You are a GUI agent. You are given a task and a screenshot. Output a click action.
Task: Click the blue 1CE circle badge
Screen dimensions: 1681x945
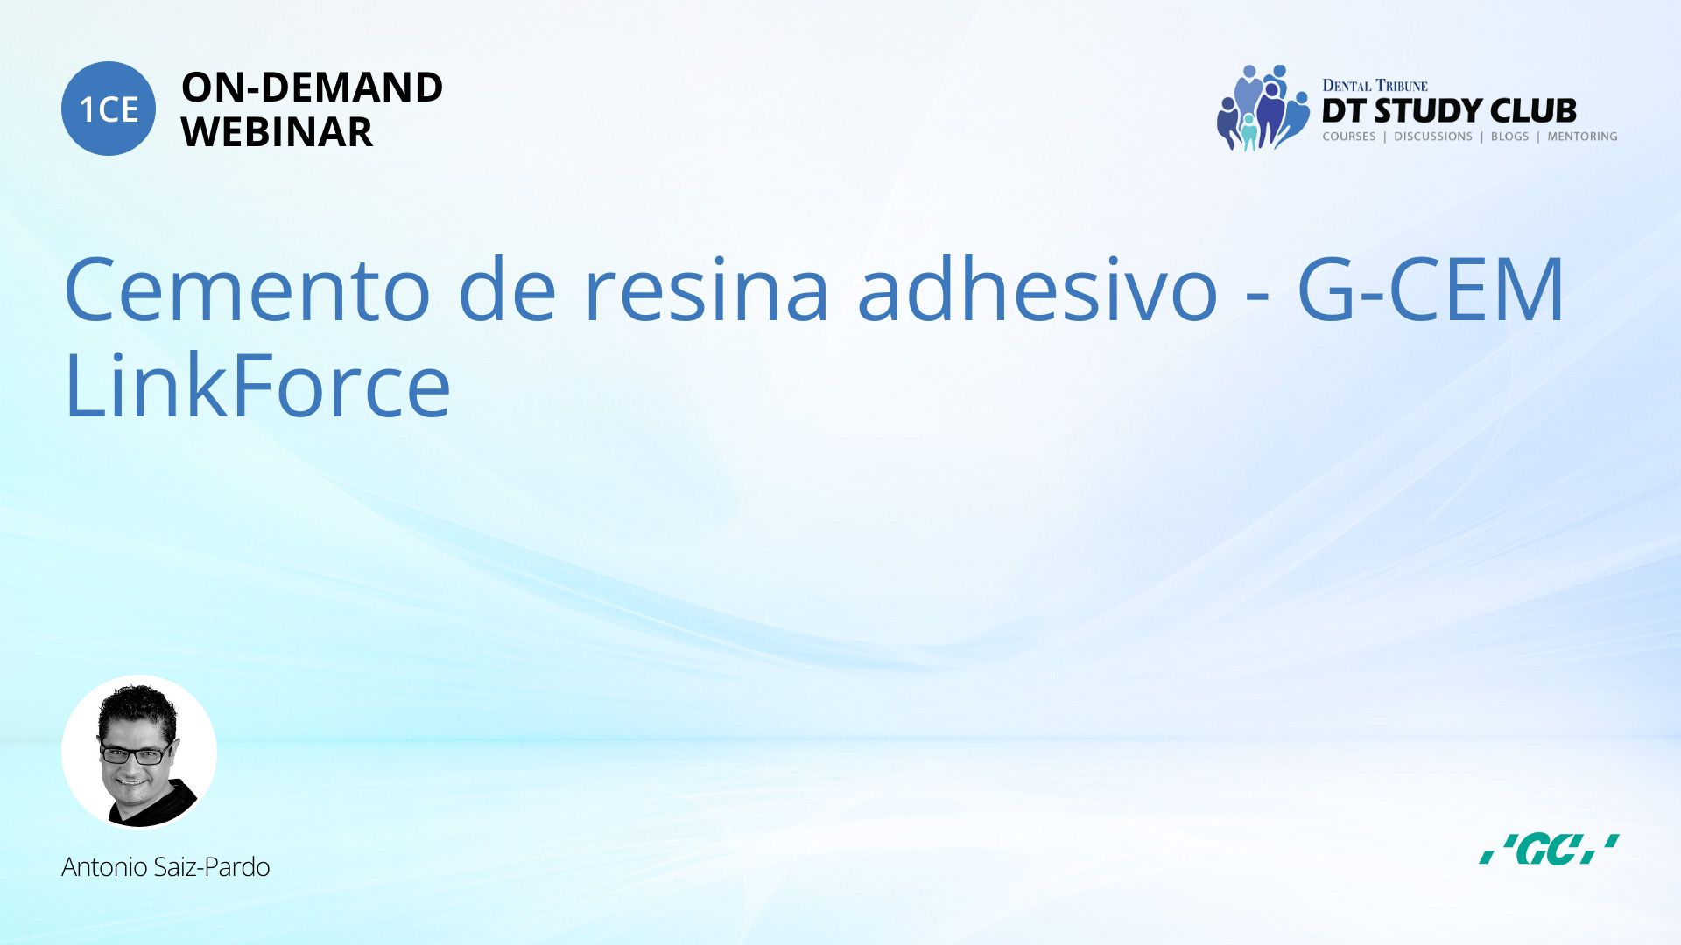click(109, 108)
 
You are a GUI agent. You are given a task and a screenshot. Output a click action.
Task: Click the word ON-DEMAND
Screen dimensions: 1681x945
click(312, 87)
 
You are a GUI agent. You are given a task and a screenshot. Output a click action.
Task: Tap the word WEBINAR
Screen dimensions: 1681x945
click(277, 132)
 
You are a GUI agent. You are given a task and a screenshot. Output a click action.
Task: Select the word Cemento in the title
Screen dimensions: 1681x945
click(247, 290)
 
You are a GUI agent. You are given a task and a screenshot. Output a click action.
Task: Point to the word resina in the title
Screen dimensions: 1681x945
click(706, 290)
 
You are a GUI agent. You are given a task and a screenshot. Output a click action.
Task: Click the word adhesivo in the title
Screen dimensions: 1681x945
click(1037, 290)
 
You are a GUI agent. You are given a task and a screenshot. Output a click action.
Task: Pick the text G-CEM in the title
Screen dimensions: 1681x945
click(1431, 290)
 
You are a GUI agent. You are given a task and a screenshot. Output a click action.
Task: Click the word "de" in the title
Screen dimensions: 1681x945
click(507, 290)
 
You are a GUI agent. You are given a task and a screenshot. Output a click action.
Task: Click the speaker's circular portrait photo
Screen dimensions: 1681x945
click(139, 752)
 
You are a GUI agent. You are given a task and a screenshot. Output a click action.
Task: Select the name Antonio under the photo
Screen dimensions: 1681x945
click(104, 867)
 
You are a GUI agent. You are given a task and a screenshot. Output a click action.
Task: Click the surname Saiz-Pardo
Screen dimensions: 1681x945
click(211, 867)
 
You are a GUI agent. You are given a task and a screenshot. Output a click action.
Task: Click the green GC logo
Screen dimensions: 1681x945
click(1548, 849)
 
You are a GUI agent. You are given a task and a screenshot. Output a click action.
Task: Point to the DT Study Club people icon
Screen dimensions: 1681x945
click(1261, 108)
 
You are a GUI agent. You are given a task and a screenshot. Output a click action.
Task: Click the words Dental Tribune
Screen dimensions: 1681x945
click(1375, 86)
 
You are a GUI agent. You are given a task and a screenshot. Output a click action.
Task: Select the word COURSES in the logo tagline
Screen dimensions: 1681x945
click(1349, 136)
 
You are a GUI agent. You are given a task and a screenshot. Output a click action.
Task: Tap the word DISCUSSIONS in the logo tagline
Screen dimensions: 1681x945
click(1433, 136)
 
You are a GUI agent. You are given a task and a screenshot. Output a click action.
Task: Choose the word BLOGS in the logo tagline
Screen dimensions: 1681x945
click(1509, 136)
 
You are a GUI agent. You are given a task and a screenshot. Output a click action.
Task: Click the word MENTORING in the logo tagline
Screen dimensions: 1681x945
click(1582, 136)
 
